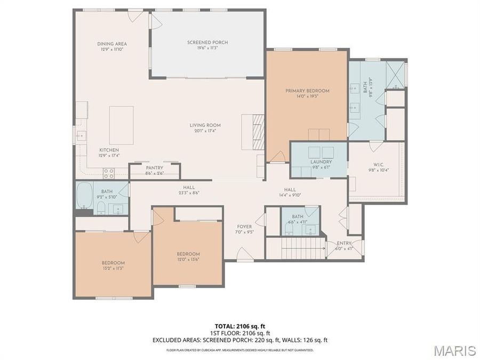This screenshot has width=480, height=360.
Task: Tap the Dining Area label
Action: click(x=112, y=44)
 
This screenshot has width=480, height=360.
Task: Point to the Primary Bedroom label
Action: click(x=307, y=91)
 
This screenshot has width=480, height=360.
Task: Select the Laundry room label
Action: click(x=321, y=162)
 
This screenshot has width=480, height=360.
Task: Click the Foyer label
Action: click(x=244, y=226)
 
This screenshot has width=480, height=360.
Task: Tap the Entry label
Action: click(x=343, y=243)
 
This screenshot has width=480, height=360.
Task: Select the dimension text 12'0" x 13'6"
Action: click(x=188, y=260)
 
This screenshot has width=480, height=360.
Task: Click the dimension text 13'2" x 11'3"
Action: click(x=113, y=268)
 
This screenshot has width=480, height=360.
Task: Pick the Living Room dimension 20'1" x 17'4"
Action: click(x=205, y=131)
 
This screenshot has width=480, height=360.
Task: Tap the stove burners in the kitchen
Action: click(x=108, y=173)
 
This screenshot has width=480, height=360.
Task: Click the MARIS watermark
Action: click(x=454, y=350)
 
